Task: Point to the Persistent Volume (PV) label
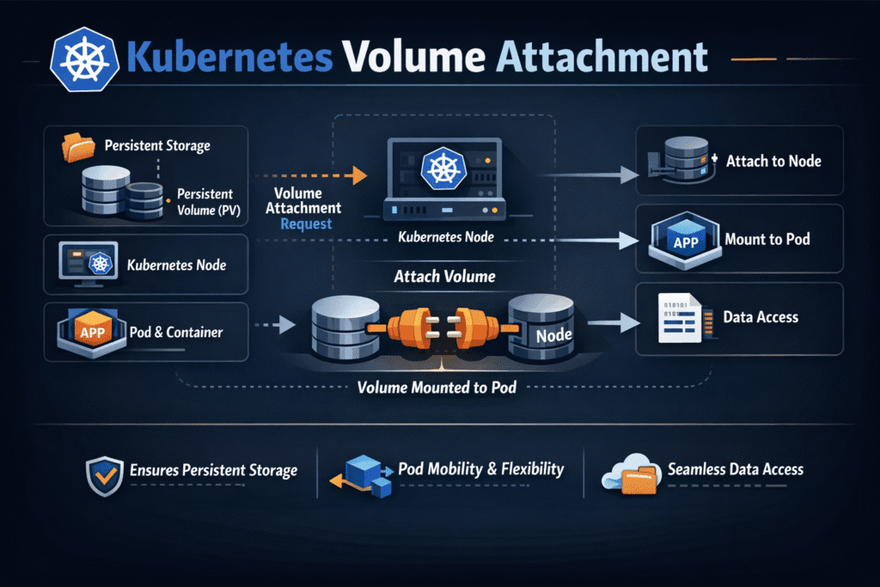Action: (x=211, y=201)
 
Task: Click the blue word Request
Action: (x=306, y=223)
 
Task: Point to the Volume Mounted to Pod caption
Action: (x=437, y=388)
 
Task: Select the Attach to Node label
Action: (x=773, y=161)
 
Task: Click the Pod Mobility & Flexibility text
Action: (x=481, y=469)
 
